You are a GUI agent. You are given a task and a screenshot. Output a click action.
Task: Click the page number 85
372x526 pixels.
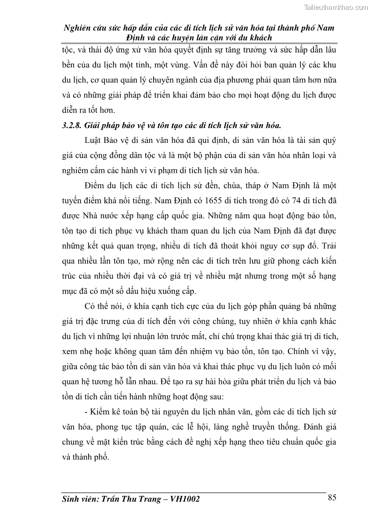[x=332, y=497]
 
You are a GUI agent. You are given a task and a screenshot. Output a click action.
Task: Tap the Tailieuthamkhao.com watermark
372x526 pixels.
[x=336, y=7]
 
